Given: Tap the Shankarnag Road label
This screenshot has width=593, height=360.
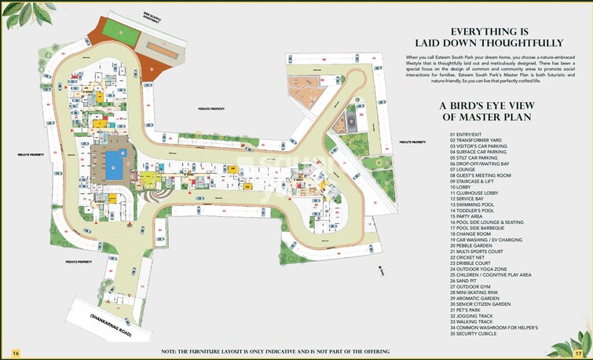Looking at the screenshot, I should click(109, 325).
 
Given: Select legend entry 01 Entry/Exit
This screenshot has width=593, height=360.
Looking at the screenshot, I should click(469, 134).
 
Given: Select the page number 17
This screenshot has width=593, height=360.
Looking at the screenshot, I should click(578, 353).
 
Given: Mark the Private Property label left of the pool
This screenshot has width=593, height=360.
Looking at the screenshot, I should click(29, 155).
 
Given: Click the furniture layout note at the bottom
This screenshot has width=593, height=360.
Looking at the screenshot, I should click(275, 351).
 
